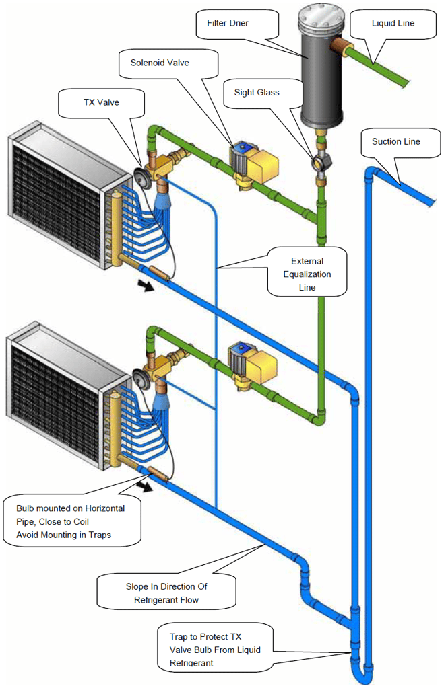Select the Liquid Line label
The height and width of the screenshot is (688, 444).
pyautogui.click(x=393, y=23)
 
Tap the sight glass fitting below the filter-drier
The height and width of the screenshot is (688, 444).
pyautogui.click(x=320, y=162)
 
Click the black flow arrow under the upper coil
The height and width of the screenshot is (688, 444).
pyautogui.click(x=144, y=286)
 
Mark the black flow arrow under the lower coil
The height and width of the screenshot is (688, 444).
pyautogui.click(x=144, y=484)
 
